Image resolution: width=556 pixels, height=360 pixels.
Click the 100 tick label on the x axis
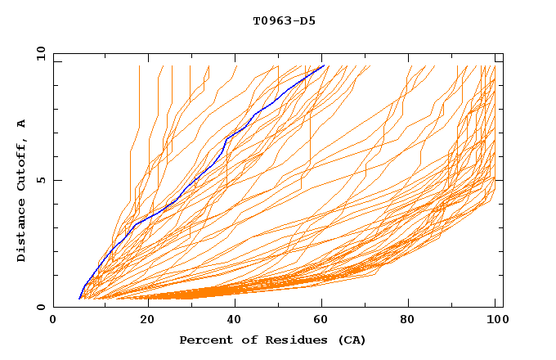pyautogui.click(x=495, y=321)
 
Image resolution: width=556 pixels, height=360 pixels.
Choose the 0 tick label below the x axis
pyautogui.click(x=53, y=321)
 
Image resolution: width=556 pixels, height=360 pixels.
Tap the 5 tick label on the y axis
pyautogui.click(x=40, y=180)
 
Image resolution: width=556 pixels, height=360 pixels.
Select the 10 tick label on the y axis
pyautogui.click(x=38, y=53)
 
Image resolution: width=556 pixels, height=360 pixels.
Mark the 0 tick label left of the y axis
pyautogui.click(x=40, y=307)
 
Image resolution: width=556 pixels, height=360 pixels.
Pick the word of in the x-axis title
pyautogui.click(x=241, y=340)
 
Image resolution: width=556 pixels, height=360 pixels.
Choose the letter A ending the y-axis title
pyautogui.click(x=22, y=123)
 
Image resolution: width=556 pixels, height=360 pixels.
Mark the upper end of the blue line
pyautogui.click(x=324, y=65)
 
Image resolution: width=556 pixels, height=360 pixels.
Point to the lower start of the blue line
pyautogui.click(x=79, y=299)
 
